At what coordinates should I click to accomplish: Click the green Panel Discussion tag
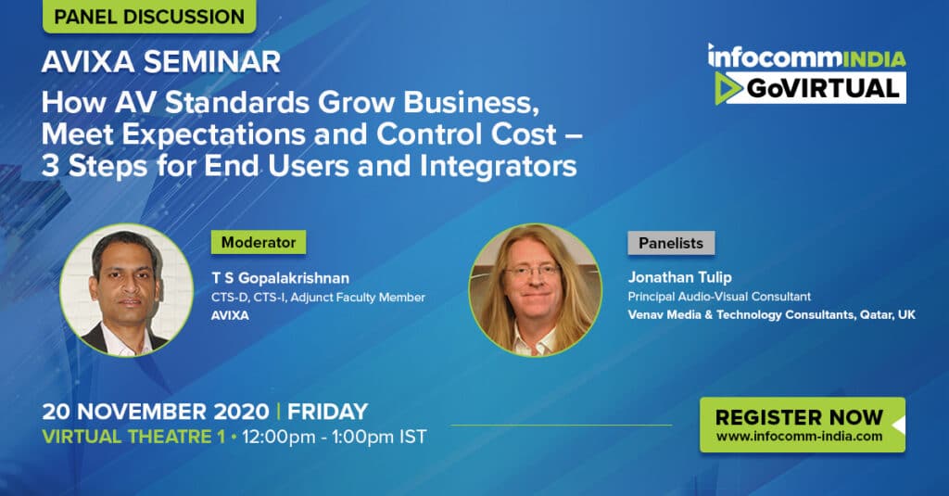149,17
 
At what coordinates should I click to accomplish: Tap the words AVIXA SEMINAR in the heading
161,62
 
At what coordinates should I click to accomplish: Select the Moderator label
259,242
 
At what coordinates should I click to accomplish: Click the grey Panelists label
671,243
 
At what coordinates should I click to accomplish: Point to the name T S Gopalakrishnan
280,278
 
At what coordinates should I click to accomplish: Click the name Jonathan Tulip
679,277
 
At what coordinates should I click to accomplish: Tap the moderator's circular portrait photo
126,290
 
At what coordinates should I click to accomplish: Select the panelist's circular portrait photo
535,290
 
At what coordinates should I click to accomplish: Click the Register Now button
803,425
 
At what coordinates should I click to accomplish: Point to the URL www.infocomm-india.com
800,436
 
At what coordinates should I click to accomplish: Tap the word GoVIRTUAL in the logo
823,88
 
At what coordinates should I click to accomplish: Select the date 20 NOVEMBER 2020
156,412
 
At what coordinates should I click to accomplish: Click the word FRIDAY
327,412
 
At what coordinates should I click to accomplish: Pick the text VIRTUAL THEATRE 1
133,437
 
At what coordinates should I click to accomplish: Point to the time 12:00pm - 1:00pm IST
334,437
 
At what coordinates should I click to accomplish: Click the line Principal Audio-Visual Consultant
719,296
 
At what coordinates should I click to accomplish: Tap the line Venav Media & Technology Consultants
740,314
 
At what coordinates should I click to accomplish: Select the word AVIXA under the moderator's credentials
230,315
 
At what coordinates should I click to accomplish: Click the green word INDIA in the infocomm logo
874,58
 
